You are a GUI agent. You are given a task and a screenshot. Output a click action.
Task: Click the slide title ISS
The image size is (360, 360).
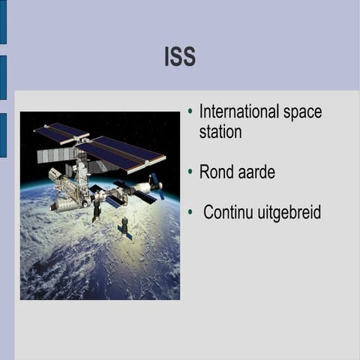point(180,56)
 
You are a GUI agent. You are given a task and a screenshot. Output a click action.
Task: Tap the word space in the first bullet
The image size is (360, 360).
point(303,112)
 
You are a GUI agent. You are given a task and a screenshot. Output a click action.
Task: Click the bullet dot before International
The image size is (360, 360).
point(190,112)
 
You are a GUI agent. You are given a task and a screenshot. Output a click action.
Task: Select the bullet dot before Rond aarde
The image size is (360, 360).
point(190,172)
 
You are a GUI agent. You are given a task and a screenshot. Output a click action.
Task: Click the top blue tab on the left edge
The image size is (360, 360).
point(3,22)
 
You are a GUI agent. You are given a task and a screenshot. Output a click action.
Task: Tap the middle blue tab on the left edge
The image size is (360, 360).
point(3,77)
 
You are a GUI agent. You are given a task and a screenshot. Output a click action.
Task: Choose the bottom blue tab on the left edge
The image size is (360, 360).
point(3,135)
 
